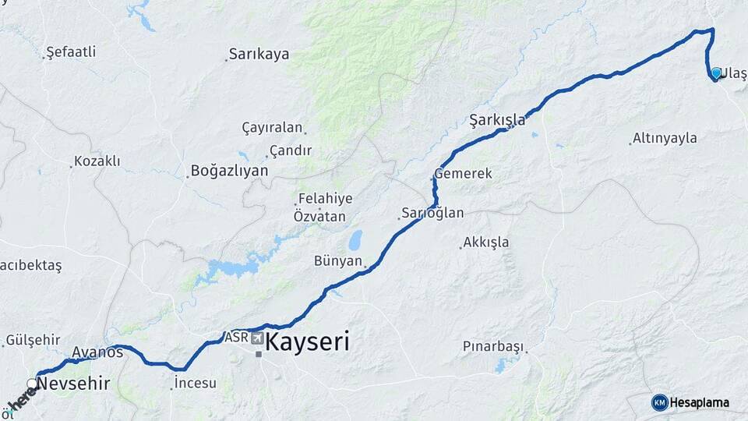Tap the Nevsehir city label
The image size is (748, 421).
tap(72, 383)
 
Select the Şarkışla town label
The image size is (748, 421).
tap(497, 120)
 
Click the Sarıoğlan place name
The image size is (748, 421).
tap(432, 213)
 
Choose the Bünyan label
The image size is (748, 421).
tap(338, 260)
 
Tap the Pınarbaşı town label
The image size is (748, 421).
tap(493, 346)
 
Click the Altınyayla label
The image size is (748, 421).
tap(665, 138)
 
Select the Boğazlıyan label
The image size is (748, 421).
tap(229, 171)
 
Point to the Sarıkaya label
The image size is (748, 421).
tap(259, 55)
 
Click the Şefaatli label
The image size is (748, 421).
tap(71, 52)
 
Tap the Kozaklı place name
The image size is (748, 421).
tap(97, 161)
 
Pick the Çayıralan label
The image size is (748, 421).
tap(271, 128)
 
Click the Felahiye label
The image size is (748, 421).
tap(323, 199)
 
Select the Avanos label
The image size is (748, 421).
tap(97, 352)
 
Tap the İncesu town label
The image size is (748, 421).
tap(195, 383)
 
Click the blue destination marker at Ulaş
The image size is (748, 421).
tap(716, 73)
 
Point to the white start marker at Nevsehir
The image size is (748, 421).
tap(32, 383)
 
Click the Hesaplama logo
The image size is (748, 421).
tap(690, 402)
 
